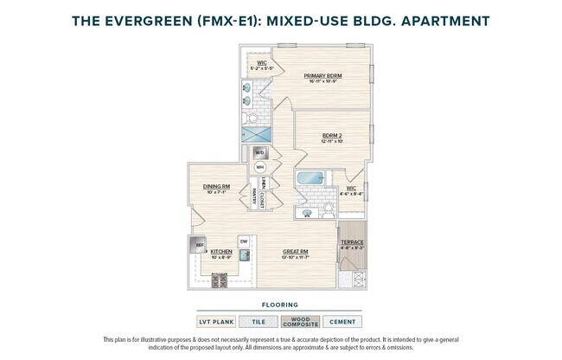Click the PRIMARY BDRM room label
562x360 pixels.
pos(323,76)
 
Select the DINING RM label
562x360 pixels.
pos(216,186)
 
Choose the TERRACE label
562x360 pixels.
pos(351,241)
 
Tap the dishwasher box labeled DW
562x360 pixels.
pos(244,241)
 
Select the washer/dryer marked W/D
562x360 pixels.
pos(259,152)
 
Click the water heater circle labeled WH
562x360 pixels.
pos(259,167)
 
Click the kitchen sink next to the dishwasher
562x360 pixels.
pos(245,255)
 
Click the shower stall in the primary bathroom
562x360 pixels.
pos(257,133)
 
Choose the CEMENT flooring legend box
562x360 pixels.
pos(342,322)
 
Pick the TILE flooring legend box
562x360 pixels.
pos(258,322)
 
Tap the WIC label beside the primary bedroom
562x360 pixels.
pos(261,61)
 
